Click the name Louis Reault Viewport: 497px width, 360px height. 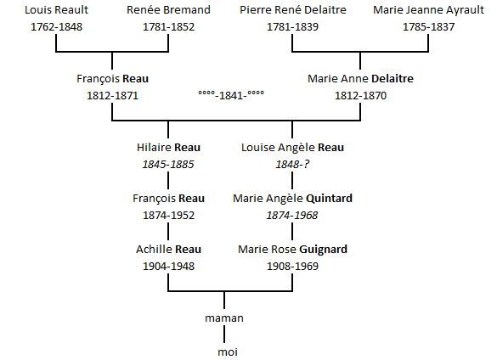coord(56,10)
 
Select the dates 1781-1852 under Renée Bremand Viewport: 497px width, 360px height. coord(168,27)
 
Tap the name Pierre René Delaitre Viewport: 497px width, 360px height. coord(293,10)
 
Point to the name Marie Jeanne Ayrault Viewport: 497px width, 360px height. coord(428,10)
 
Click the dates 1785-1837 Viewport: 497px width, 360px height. coord(428,27)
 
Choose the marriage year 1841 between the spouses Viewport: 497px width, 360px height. coord(231,95)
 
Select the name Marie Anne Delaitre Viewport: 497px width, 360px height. coord(360,79)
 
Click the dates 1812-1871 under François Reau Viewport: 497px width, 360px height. coord(112,96)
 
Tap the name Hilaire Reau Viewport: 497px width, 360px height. coord(168,148)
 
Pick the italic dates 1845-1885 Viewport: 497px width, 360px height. coord(168,165)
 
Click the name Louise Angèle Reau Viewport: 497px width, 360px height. coord(292,148)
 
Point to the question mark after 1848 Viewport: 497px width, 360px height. coord(306,165)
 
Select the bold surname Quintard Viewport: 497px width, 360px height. coord(330,199)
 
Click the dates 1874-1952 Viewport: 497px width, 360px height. coord(168,216)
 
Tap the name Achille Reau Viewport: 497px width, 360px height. coord(168,250)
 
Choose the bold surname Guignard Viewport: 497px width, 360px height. coord(323,250)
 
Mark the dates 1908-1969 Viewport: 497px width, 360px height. coord(292,267)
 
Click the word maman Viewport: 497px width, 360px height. coord(224,318)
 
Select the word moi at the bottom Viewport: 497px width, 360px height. coord(228,352)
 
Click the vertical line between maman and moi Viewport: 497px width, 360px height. coord(224,335)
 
